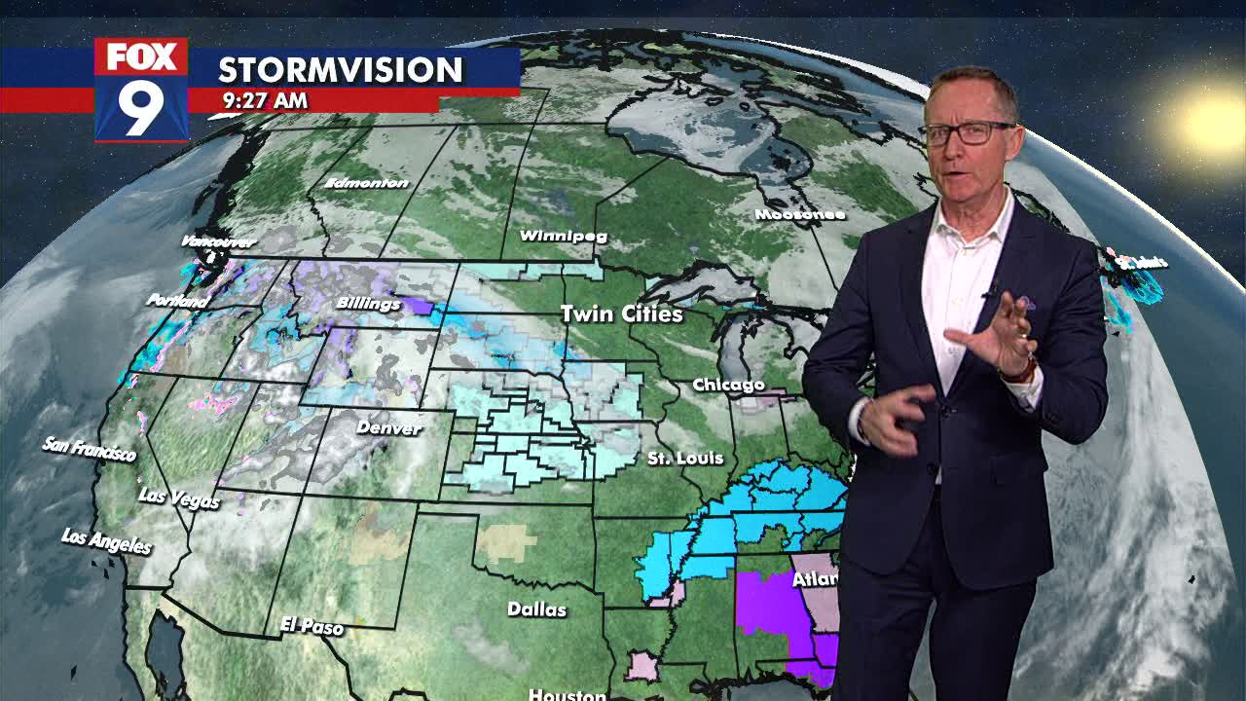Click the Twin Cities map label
point(621,314)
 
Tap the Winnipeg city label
point(563,236)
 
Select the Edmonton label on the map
point(367,183)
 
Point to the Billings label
point(368,304)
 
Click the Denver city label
point(388,427)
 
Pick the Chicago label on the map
point(728,386)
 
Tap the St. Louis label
point(685,458)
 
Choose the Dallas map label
point(536,609)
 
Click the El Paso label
point(311,625)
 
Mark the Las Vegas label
point(179,498)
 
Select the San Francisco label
point(90,449)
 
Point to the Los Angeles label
point(106,541)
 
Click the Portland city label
point(177,301)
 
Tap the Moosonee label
point(798,214)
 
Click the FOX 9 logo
point(141,91)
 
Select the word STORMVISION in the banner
point(340,70)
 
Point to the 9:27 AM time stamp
point(265,100)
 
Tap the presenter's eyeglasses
point(966,133)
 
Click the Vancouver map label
point(218,241)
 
